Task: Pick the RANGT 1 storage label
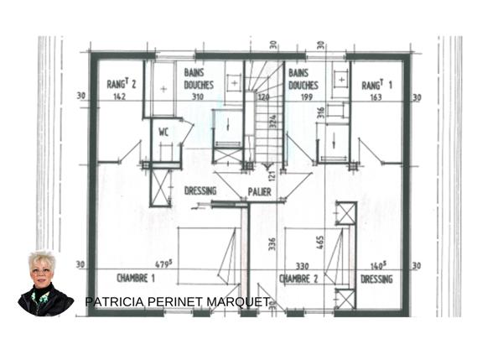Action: (377, 86)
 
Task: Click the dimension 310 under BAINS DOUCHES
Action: (198, 97)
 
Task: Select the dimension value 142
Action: (121, 97)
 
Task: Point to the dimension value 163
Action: (376, 97)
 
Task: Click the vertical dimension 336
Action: (271, 245)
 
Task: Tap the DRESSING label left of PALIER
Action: (201, 192)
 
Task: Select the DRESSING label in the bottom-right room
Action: (376, 279)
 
